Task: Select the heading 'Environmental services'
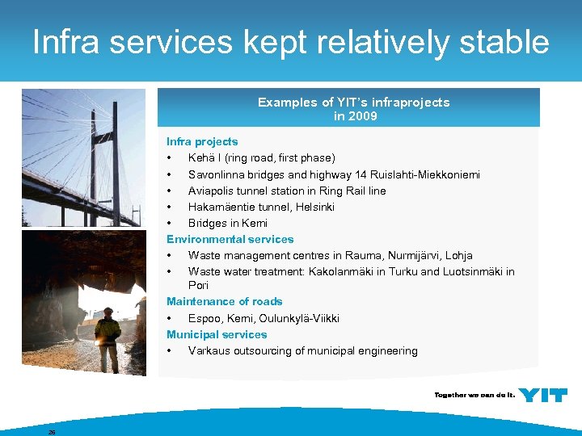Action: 230,239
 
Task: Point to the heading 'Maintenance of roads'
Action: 224,301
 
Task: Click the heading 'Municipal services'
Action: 216,334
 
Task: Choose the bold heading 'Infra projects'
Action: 202,141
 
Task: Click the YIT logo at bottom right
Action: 542,395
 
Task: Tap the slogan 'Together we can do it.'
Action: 474,396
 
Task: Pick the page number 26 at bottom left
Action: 52,432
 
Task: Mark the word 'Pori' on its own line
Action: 198,285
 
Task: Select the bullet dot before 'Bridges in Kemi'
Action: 170,224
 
